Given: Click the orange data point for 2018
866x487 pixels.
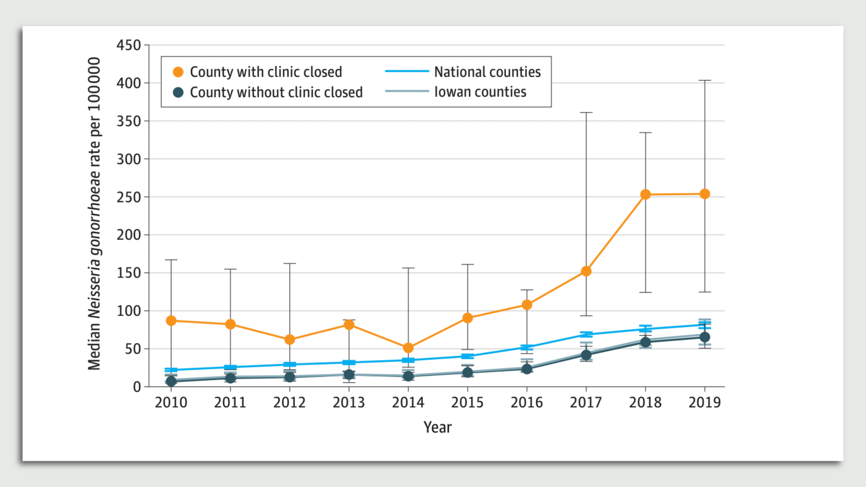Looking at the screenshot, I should [x=645, y=194].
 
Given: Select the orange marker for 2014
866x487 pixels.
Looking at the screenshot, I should [x=408, y=348].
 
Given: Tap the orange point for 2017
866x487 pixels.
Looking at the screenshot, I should [x=586, y=271].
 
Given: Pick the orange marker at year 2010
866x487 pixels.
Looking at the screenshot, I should [x=171, y=321].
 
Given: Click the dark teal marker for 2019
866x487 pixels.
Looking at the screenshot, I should [x=705, y=337].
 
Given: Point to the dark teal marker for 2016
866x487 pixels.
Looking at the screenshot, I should [x=527, y=369].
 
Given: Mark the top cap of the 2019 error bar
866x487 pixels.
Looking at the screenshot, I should [x=705, y=81].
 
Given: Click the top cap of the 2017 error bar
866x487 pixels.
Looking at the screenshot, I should [x=586, y=113].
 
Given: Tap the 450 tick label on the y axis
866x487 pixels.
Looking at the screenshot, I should [x=129, y=45].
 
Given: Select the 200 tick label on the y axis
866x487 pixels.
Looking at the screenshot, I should [x=129, y=235].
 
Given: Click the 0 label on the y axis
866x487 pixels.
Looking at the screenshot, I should [x=137, y=387].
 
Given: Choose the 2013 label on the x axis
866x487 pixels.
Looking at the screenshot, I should [x=349, y=402].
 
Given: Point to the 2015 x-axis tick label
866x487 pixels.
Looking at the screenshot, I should [x=467, y=402].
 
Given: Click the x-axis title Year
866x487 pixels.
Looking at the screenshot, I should [x=437, y=427].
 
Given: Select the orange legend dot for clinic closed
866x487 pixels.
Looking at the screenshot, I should [x=178, y=72].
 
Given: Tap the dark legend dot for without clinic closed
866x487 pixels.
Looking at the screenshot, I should [x=178, y=92].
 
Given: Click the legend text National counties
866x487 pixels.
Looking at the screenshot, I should [x=487, y=72].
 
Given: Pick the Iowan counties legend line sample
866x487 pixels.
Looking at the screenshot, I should [x=407, y=92].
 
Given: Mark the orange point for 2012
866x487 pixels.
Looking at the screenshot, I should [x=290, y=340].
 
